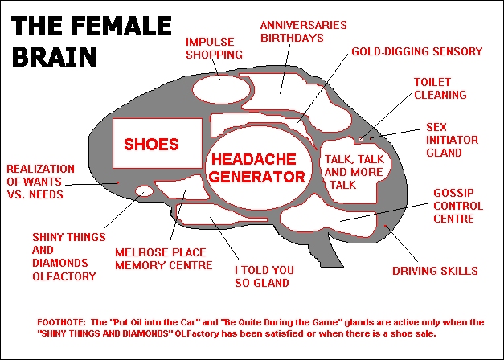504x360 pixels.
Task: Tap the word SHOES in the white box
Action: point(151,145)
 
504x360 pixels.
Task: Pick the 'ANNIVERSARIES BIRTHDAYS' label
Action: point(303,31)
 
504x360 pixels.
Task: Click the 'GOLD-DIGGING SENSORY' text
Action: point(416,52)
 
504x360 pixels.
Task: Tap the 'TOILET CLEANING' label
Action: point(440,88)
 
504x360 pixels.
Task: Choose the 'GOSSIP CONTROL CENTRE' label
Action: point(458,206)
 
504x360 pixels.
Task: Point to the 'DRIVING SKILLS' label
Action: point(435,271)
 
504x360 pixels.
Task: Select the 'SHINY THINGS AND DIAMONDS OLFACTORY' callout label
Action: point(64,256)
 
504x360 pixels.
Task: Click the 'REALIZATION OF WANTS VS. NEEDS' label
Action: point(47,182)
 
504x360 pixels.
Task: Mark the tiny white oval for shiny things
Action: point(144,191)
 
